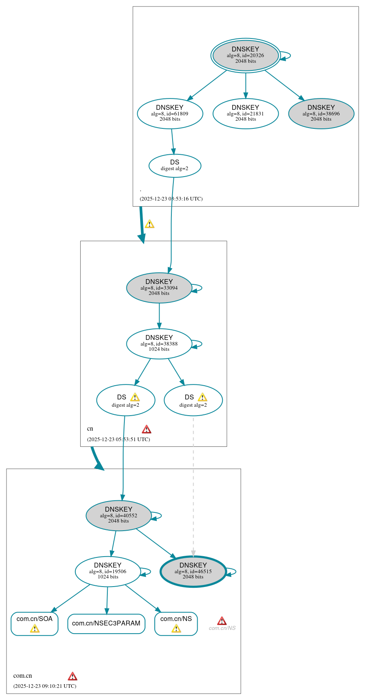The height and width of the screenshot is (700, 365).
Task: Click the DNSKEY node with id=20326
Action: click(x=245, y=55)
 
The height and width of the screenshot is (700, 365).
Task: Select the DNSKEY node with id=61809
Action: click(x=170, y=114)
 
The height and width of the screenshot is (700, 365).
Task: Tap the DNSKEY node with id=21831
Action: click(x=245, y=114)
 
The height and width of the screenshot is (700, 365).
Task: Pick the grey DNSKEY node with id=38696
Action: click(x=321, y=114)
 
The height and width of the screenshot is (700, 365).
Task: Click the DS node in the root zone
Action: click(x=175, y=166)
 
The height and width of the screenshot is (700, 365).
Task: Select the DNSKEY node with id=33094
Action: click(x=159, y=288)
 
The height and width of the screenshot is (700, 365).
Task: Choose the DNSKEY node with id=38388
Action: click(x=159, y=344)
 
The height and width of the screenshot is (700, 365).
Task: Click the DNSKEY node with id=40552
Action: click(x=118, y=515)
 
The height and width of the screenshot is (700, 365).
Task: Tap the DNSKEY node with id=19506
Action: click(x=108, y=571)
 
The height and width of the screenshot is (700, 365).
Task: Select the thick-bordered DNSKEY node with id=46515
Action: click(x=193, y=571)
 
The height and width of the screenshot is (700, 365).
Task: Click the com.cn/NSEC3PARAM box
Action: click(x=106, y=623)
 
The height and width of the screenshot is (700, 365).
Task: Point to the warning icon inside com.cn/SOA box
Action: click(x=35, y=628)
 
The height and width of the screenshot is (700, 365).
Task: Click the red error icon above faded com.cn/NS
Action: click(x=222, y=621)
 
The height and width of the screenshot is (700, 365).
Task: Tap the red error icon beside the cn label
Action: click(x=147, y=429)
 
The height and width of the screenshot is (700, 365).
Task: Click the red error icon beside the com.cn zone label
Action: click(x=73, y=676)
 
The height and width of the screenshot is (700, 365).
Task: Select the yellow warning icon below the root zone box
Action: click(x=149, y=224)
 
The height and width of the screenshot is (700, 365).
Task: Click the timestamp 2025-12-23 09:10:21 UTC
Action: click(x=45, y=686)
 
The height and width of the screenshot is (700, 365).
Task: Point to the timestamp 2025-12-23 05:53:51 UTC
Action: click(x=118, y=440)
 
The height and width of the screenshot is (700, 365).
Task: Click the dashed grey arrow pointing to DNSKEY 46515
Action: click(x=193, y=486)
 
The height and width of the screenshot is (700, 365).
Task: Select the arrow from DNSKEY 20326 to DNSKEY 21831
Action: click(x=245, y=85)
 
